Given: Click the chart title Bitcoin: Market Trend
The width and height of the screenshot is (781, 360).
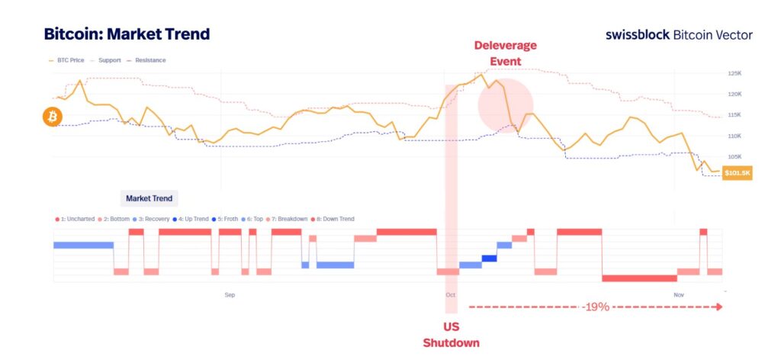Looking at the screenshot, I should tap(127, 34).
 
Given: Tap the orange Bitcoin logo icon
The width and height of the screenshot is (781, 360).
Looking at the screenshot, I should tap(53, 117).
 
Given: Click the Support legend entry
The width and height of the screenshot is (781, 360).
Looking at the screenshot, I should tap(110, 59).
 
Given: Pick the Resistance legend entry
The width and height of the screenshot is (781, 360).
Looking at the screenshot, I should tap(149, 59).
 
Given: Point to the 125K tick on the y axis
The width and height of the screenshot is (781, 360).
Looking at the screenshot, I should tap(735, 74).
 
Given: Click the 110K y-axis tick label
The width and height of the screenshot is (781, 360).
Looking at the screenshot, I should tap(735, 136).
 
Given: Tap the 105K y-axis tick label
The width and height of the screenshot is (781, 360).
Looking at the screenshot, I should tap(735, 156).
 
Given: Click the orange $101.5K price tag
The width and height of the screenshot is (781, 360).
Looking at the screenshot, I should tap(738, 173).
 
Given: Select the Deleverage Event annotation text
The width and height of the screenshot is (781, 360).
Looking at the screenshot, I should tap(505, 53).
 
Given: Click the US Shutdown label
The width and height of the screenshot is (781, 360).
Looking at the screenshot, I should tap(452, 335).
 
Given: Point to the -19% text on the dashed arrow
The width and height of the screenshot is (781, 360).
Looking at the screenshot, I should tap(595, 307).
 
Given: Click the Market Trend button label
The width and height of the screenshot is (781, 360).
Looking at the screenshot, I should tap(149, 198).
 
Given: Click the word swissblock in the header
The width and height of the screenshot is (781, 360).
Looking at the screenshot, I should tap(638, 35).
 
